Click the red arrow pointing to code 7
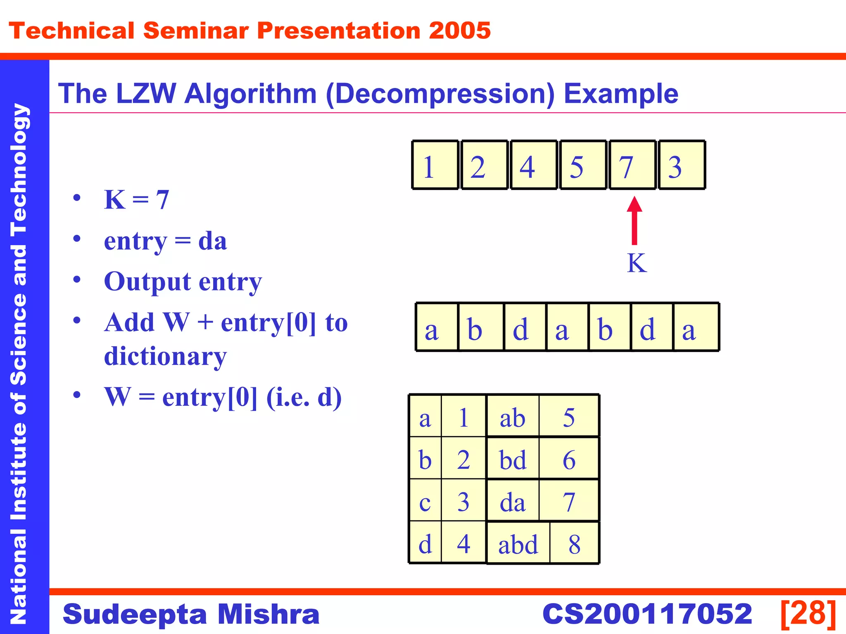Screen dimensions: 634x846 click(634, 221)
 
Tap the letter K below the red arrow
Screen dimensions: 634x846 click(637, 263)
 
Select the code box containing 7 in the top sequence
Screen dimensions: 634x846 click(632, 165)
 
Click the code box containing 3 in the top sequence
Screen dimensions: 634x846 click(682, 165)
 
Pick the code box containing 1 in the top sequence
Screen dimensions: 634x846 click(435, 165)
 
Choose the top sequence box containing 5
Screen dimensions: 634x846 click(583, 165)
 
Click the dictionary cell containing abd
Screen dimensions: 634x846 click(518, 544)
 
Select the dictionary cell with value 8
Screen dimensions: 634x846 click(575, 544)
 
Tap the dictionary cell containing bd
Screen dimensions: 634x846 click(513, 459)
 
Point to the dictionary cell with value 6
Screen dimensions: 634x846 click(569, 459)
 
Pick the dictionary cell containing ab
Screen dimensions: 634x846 click(513, 417)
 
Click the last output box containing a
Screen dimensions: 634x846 click(696, 327)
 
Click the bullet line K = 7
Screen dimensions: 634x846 click(137, 200)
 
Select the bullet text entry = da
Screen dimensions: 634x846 click(165, 241)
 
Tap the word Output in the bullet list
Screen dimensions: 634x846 click(147, 282)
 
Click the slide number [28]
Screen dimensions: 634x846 click(808, 614)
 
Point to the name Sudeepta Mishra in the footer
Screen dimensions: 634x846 click(191, 614)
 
